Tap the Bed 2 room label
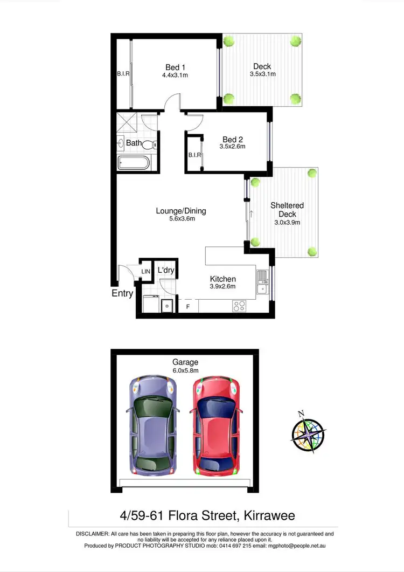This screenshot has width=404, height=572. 232,139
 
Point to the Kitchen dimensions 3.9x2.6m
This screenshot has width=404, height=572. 223,286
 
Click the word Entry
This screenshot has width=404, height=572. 122,293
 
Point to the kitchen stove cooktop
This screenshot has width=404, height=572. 239,306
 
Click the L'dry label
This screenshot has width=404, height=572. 166,270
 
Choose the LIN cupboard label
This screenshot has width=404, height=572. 146,272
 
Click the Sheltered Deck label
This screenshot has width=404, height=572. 287,210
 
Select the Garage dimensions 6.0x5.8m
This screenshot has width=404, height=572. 185,371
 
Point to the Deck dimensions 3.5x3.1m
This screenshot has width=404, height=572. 262,74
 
